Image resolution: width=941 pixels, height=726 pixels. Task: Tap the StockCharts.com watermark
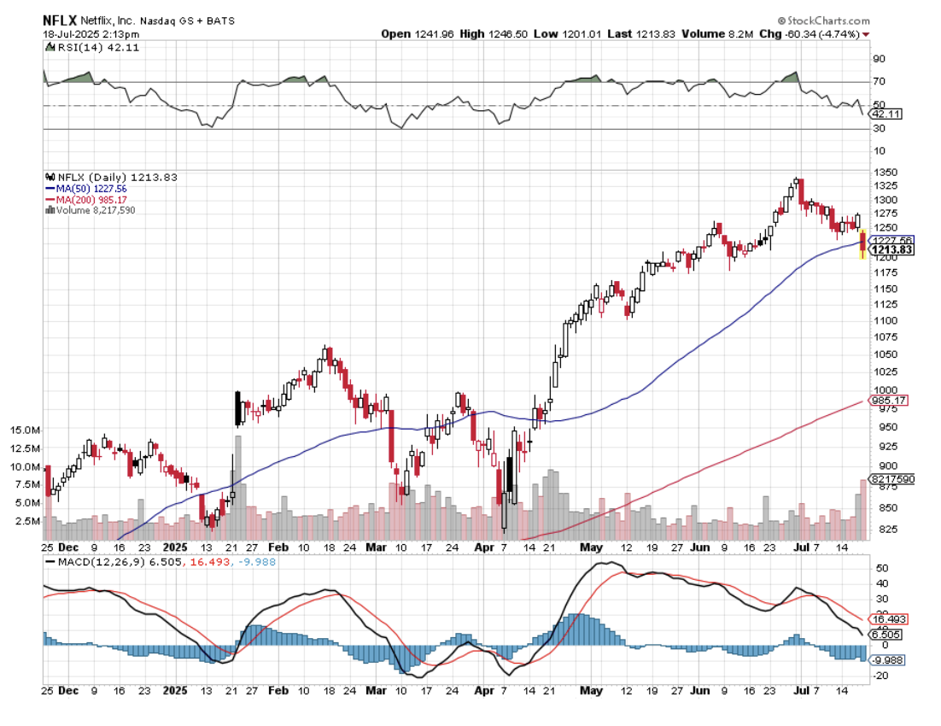[824, 19]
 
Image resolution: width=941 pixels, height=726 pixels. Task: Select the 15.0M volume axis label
[26, 431]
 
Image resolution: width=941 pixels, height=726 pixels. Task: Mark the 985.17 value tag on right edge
[889, 401]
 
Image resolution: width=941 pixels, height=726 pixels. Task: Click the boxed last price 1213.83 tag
[891, 249]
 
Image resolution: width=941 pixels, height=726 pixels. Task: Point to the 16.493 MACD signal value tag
[888, 619]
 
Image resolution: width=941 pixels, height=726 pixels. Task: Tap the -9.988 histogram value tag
[888, 659]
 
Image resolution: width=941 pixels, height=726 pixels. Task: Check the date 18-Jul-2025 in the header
[73, 33]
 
